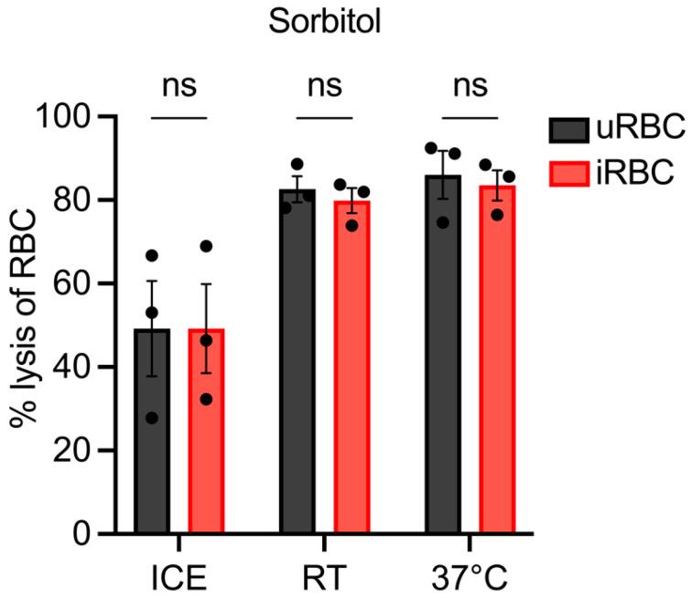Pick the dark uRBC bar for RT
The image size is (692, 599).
tap(297, 366)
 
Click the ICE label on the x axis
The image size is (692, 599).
tap(179, 579)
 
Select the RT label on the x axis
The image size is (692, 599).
tap(324, 579)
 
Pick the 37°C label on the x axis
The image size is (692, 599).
tap(470, 579)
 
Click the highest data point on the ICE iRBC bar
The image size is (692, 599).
tap(206, 246)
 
